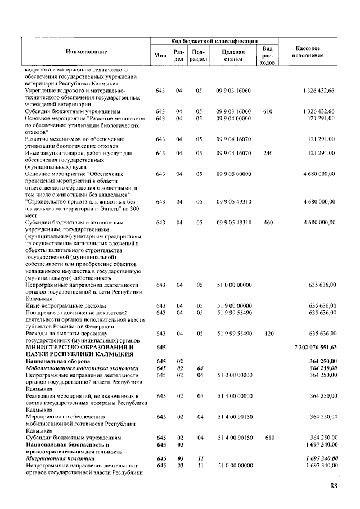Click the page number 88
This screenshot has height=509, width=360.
tap(335, 486)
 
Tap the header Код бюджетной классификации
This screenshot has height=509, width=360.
tap(214, 41)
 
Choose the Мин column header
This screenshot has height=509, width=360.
tap(160, 55)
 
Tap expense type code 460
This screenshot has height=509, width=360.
tap(268, 223)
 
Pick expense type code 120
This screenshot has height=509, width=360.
tap(268, 334)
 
